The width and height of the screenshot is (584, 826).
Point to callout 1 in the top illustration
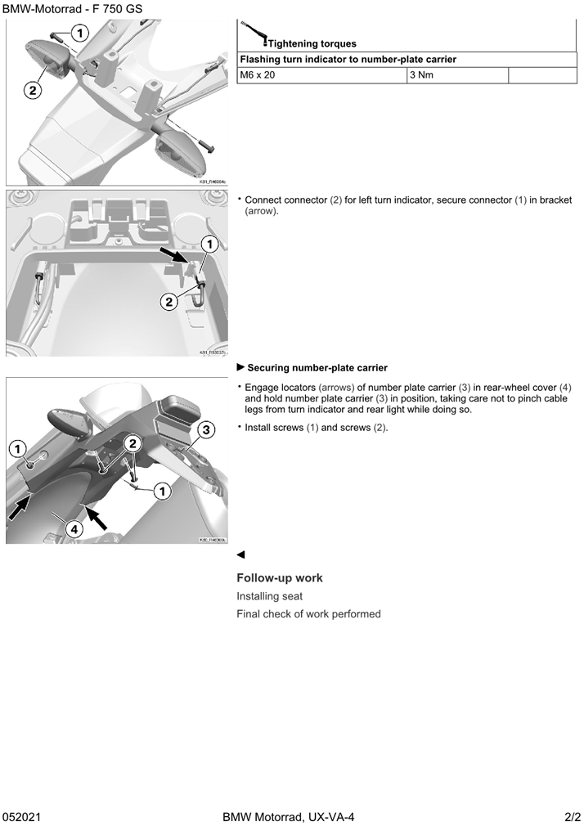point(79,33)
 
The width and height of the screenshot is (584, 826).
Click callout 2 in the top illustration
point(33,90)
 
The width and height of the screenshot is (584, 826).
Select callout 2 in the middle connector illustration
point(168,302)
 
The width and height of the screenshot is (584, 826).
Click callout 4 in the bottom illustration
point(74,529)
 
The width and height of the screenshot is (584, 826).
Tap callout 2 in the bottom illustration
point(133,442)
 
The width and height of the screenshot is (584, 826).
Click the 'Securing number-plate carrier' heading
point(317,368)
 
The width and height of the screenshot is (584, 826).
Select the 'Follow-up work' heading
point(280,578)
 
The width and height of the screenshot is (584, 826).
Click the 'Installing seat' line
point(270,596)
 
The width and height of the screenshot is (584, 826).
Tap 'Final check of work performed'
point(308,614)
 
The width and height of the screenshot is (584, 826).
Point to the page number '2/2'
point(572,817)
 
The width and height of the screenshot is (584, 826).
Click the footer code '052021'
point(22,817)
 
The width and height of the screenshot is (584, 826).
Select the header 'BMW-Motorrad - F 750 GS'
point(73,8)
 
